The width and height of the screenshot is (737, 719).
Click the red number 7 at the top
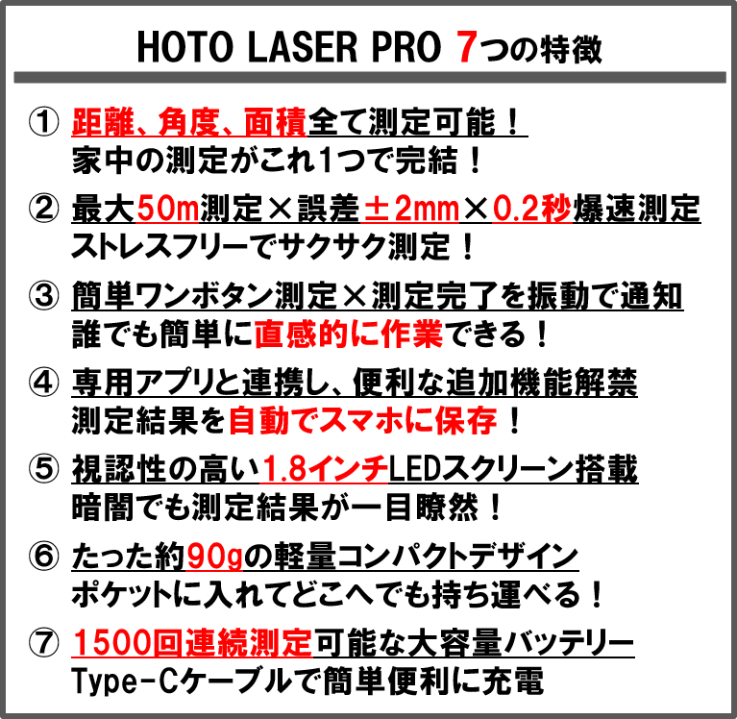pos(466,48)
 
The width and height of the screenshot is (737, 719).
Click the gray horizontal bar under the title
pos(369,77)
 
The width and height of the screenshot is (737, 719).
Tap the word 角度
pos(186,123)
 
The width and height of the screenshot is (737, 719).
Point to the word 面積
pos(275,123)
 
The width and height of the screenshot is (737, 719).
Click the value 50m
pos(167,209)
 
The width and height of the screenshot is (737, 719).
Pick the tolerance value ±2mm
pos(410,209)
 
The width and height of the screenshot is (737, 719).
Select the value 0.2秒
pos(532,209)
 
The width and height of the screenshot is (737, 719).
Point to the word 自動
pos(258,421)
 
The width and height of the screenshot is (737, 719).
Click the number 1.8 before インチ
pos(283,469)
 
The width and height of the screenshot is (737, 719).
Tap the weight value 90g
pos(214,557)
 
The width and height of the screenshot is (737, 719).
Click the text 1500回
pos(125,643)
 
